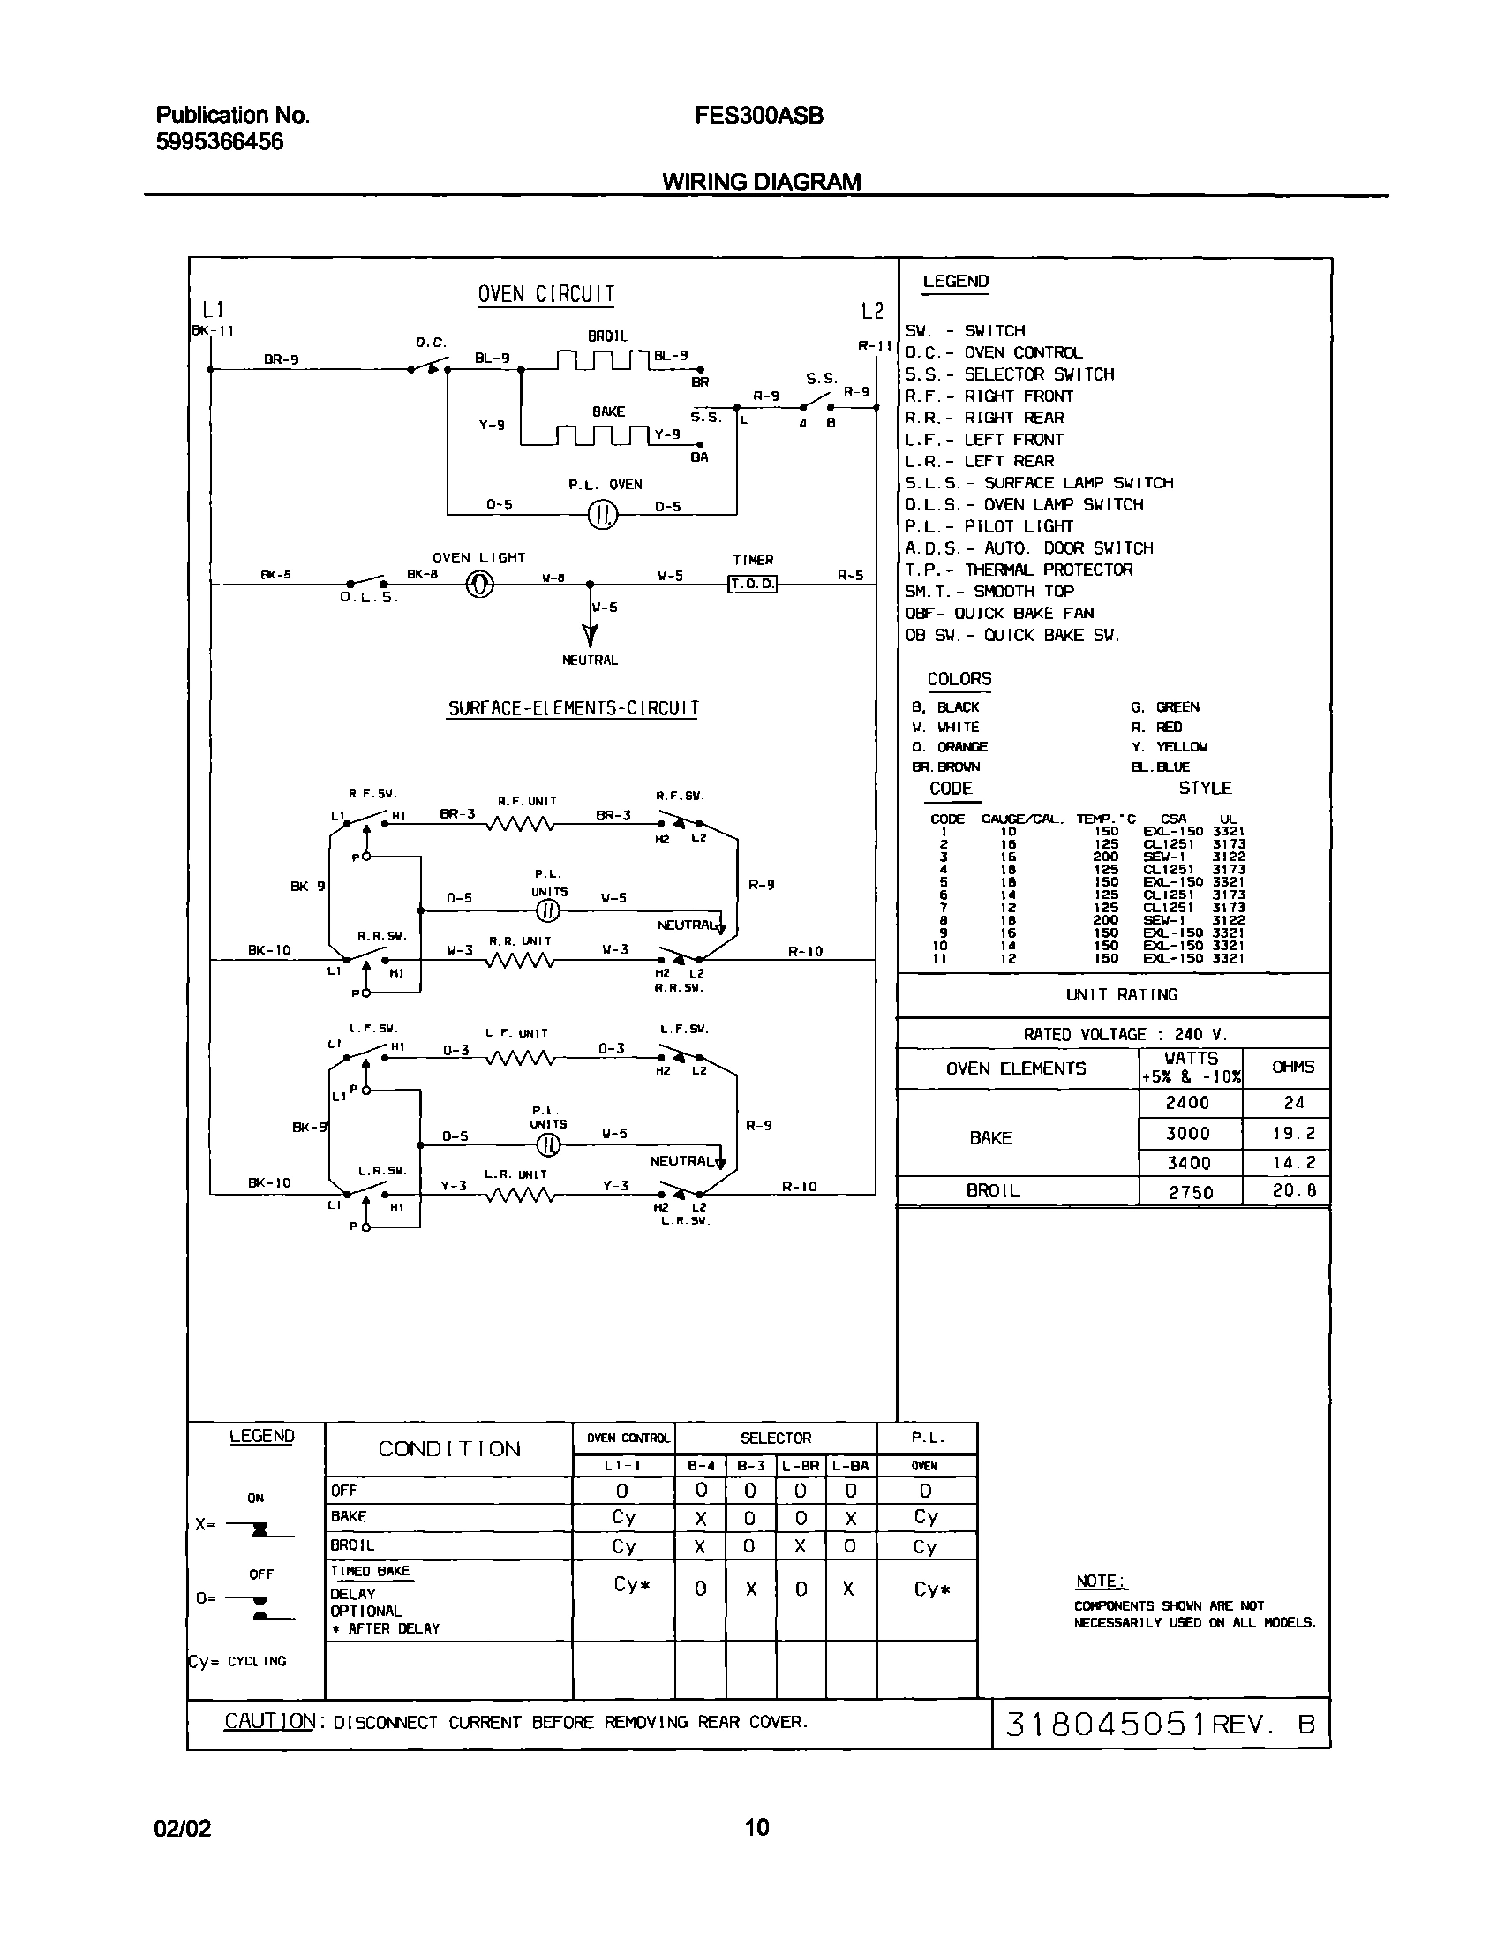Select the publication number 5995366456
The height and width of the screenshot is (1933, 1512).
[x=220, y=141]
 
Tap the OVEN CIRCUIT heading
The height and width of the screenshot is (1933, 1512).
[x=545, y=294]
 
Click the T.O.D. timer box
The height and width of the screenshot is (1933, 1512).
[x=751, y=584]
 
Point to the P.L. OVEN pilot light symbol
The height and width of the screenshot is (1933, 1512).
[x=602, y=515]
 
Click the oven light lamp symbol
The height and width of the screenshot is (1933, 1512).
[x=480, y=585]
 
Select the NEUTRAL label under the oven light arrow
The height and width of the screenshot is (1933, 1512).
[x=590, y=661]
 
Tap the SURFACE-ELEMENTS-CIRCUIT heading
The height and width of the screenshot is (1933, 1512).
[x=573, y=708]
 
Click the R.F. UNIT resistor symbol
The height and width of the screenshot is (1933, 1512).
[x=520, y=825]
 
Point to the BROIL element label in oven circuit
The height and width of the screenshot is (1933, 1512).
[x=607, y=336]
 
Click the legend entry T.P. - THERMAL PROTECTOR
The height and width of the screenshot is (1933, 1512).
[x=1018, y=570]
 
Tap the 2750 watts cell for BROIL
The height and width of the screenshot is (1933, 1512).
[x=1191, y=1192]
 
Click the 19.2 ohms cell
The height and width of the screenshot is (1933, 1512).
[x=1293, y=1134]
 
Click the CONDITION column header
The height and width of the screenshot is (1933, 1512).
[x=448, y=1448]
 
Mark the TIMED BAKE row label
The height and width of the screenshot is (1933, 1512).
[x=370, y=1571]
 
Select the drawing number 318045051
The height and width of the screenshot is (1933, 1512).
[x=1106, y=1724]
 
